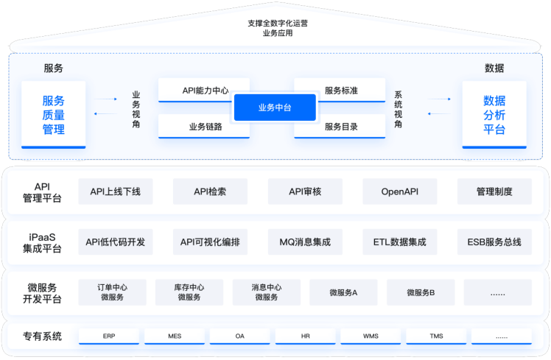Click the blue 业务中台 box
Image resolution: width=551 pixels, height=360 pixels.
pos(275,107)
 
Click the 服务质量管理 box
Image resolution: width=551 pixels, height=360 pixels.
pos(54,115)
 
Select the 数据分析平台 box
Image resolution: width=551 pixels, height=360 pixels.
pos(494,115)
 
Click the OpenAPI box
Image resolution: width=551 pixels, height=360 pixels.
pos(400,191)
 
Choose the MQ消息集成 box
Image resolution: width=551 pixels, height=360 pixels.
pos(305,241)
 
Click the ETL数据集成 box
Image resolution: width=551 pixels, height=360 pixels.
pos(400,241)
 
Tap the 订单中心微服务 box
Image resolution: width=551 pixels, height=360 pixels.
pos(112,292)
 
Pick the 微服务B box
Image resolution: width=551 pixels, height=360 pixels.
pos(421,292)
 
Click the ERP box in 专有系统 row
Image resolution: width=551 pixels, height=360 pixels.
pos(109,336)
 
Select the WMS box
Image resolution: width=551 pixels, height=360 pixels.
pos(371,336)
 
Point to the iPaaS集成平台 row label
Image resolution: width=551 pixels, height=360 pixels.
pos(42,242)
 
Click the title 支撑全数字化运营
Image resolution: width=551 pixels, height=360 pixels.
pos(277,23)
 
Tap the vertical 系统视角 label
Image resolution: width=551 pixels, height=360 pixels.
pos(399,109)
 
